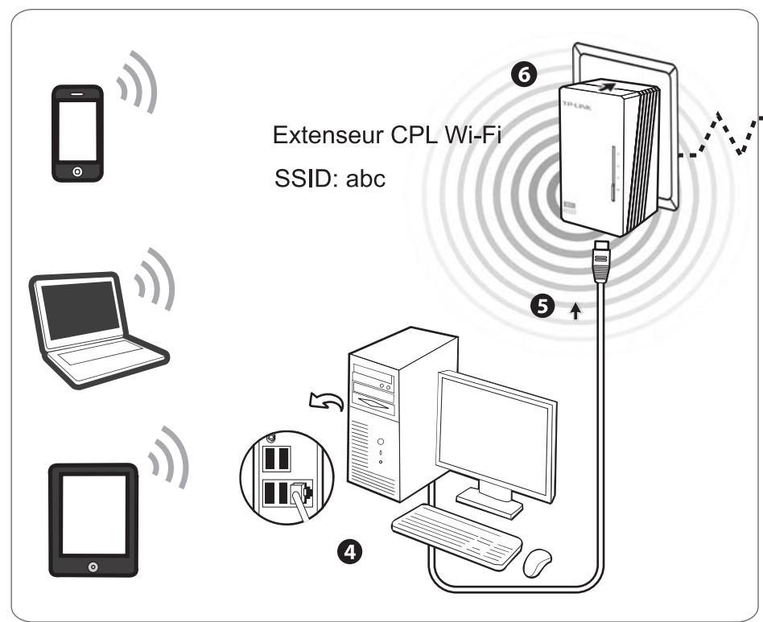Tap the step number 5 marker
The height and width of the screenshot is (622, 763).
coord(544,308)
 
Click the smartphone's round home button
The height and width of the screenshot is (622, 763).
coord(77,171)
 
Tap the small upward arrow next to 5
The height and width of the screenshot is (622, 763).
coord(575,311)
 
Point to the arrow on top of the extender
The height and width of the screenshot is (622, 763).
coord(611,85)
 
